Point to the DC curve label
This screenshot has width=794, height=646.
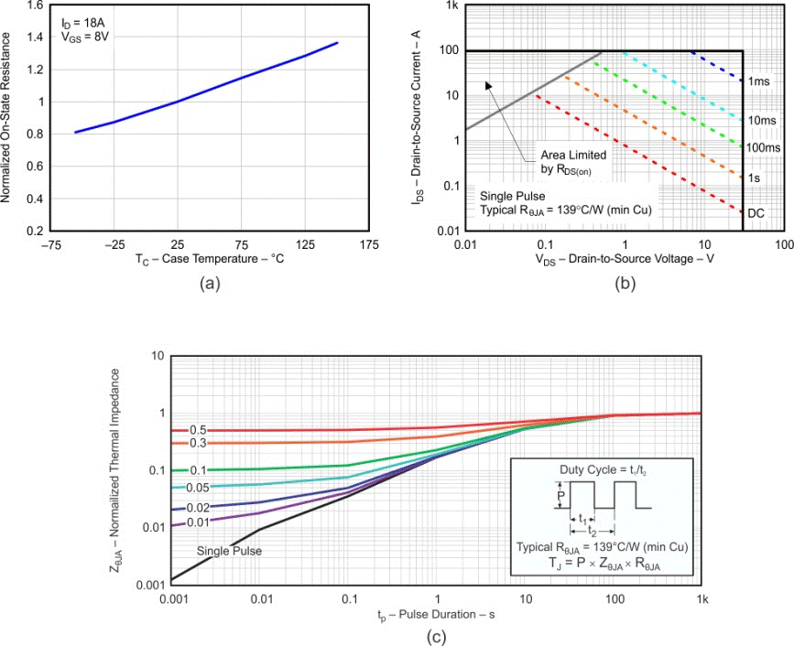point(756,213)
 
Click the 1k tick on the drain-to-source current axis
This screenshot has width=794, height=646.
point(451,6)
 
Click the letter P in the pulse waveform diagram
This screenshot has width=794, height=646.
point(560,495)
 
